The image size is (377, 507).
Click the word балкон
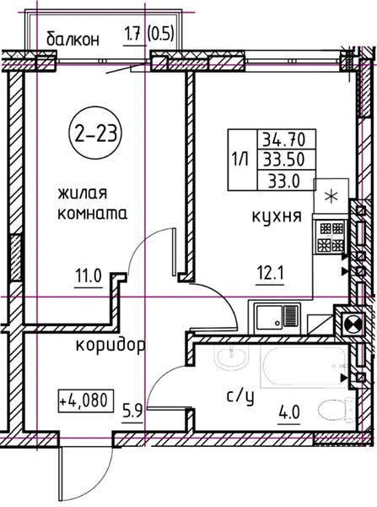[73, 39]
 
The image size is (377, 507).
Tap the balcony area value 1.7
[132, 34]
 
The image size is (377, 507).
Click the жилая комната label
[92, 204]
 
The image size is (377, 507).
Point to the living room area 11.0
[89, 276]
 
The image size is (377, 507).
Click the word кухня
[277, 216]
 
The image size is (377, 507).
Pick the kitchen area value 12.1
[270, 274]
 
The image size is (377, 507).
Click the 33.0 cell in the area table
[285, 180]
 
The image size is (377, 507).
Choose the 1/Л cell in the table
[242, 160]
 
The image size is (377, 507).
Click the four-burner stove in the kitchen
[331, 237]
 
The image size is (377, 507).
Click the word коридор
[110, 346]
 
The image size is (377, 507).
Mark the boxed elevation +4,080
[86, 401]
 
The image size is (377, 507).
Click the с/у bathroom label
[240, 397]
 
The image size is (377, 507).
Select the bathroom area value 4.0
[290, 412]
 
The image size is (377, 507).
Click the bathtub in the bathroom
[304, 367]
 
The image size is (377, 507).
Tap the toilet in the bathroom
[336, 409]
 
